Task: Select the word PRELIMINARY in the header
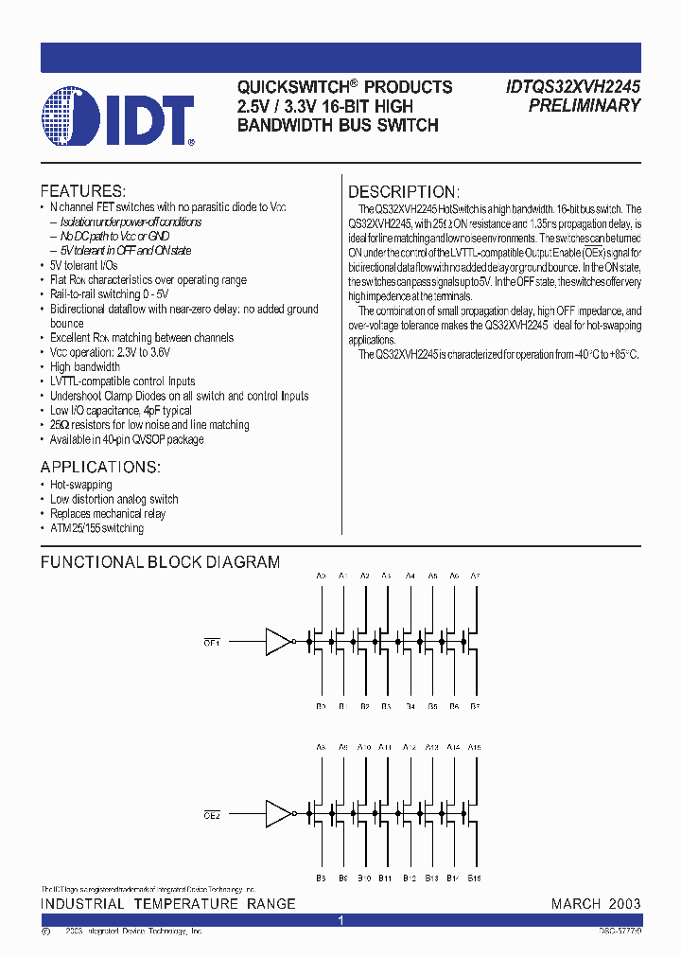click(x=585, y=106)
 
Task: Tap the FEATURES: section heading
click(x=82, y=190)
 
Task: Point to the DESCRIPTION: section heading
click(x=404, y=191)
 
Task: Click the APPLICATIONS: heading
click(x=100, y=467)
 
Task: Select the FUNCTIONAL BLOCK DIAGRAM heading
click(x=160, y=562)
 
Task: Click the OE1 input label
click(x=212, y=642)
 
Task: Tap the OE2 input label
click(x=212, y=814)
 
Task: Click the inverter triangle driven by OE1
click(x=278, y=642)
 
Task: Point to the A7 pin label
click(x=475, y=576)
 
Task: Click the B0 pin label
click(x=321, y=706)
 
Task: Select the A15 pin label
click(x=474, y=747)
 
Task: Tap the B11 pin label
click(x=386, y=878)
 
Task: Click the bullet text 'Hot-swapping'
click(x=80, y=485)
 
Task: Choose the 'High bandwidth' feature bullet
click(x=85, y=366)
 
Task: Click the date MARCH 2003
click(x=596, y=904)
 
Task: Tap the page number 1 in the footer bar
click(x=340, y=920)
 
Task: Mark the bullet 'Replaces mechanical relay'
click(x=107, y=513)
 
